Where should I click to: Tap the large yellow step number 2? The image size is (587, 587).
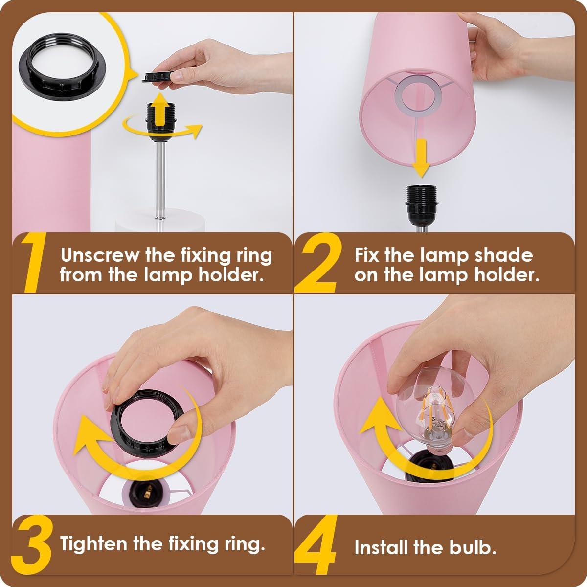(320, 264)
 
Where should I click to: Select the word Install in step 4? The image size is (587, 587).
(381, 547)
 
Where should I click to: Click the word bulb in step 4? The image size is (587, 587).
(468, 547)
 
